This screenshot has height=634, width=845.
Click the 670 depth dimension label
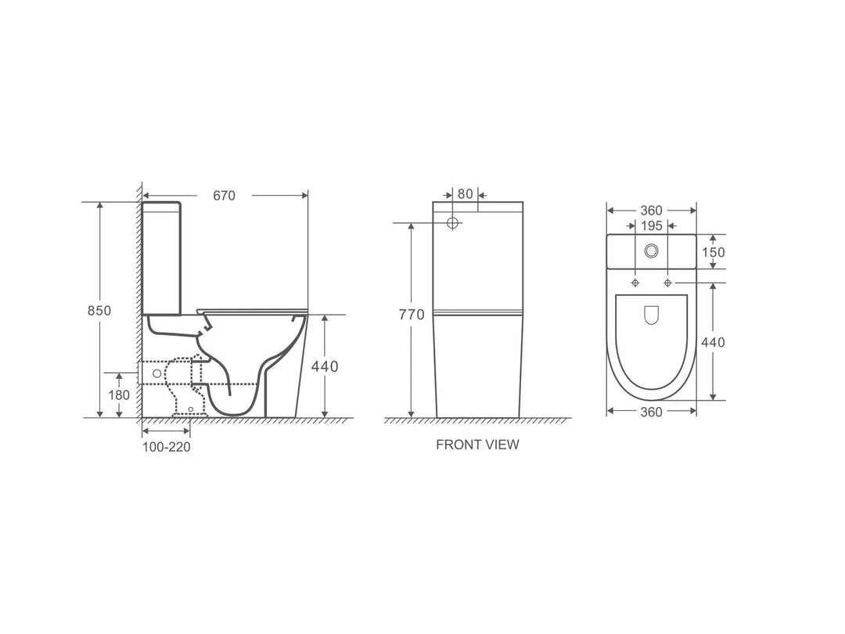[224, 196]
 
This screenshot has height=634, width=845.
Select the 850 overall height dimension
[98, 310]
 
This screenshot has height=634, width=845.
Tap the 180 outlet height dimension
[119, 395]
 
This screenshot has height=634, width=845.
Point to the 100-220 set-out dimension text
[166, 447]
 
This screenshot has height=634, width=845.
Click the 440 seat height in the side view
[325, 366]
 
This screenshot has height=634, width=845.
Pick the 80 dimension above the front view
[466, 194]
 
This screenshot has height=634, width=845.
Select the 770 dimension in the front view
[412, 315]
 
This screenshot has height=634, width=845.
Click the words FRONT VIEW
[477, 445]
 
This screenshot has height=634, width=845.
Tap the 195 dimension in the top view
[651, 225]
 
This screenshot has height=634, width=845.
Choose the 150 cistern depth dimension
[714, 252]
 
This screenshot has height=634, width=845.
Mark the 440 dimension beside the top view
[713, 342]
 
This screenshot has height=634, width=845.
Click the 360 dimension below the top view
[651, 412]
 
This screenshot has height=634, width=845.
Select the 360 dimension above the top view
[651, 210]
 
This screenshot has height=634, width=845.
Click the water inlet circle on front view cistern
[452, 223]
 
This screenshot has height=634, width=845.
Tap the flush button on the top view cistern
[651, 251]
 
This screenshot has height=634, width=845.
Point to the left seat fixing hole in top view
[635, 282]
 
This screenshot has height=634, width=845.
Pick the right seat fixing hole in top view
[667, 282]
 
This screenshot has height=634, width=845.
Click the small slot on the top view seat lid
[651, 315]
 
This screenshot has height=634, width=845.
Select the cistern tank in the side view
[162, 258]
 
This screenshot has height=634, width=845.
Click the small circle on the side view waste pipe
[156, 373]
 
